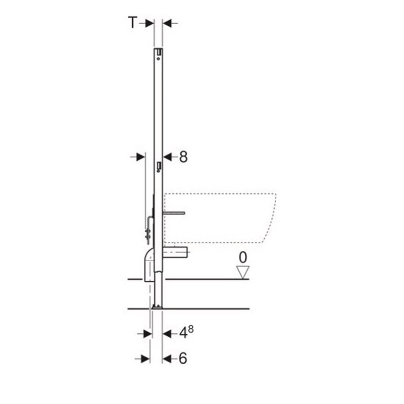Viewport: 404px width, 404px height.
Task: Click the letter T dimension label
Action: [x=132, y=22]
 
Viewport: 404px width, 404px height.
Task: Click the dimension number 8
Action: [x=183, y=157]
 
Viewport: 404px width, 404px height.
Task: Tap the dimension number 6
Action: [x=183, y=358]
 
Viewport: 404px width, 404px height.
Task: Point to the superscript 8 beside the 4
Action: [x=191, y=329]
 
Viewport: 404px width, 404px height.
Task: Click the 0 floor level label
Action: [x=243, y=257]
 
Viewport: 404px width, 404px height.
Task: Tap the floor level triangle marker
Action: [x=243, y=272]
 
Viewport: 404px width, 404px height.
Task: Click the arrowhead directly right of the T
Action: [x=149, y=23]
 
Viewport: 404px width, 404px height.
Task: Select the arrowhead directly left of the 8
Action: [x=167, y=157]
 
